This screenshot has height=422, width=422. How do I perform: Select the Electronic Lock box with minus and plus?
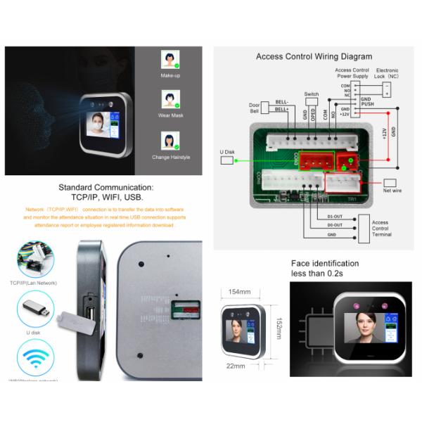pyautogui.click(x=388, y=89)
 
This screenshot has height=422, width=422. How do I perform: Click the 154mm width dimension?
pyautogui.click(x=241, y=291)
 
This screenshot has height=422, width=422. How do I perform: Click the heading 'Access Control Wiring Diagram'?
pyautogui.click(x=314, y=56)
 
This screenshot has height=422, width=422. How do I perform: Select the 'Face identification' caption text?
pyautogui.click(x=325, y=264)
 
